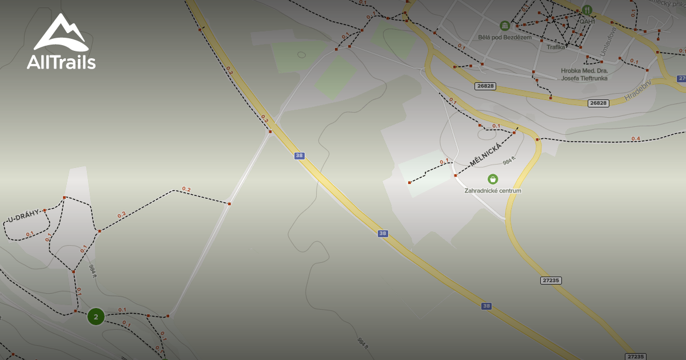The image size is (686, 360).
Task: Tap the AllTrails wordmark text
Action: point(61,62)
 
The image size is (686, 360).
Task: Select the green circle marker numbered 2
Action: point(96,316)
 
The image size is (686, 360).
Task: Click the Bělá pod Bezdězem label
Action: point(505,38)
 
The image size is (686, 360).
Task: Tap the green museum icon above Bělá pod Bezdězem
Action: point(505,26)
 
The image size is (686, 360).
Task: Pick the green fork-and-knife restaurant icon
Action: point(587,10)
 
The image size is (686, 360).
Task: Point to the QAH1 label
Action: point(587,21)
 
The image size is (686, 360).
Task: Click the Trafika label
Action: point(556,47)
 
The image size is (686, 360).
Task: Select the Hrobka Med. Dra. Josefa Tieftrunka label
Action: point(584,74)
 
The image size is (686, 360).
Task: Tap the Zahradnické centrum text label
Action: point(493,191)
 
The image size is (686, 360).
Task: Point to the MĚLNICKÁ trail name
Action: point(485,155)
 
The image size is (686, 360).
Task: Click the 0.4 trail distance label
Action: point(636,139)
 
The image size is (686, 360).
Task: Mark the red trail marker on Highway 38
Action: point(270,132)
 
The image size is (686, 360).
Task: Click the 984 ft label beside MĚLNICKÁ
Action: point(509,161)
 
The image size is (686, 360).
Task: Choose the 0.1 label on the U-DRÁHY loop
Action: point(30,234)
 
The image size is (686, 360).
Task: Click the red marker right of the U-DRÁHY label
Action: point(45,210)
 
